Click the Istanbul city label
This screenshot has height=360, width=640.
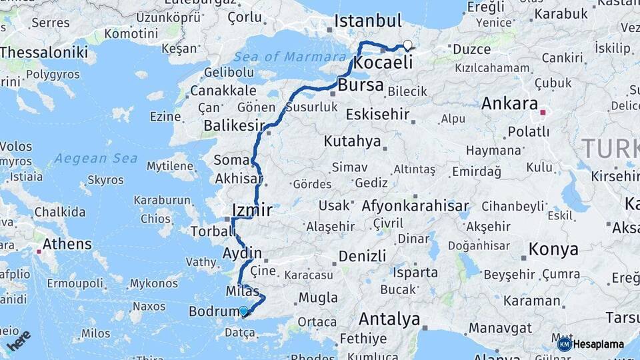368,21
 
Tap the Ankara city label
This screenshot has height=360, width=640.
509,104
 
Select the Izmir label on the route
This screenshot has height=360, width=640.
252,211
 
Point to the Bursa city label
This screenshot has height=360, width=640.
361,85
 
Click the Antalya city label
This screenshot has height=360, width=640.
389,318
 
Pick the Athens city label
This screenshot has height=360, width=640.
67,244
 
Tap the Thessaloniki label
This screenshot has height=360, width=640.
44,53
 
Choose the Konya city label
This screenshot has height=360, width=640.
553,249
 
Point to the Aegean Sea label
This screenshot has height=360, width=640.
96,159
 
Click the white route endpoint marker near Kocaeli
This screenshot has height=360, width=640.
407,45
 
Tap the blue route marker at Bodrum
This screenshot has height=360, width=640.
243,311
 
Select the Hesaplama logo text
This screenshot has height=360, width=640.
597,345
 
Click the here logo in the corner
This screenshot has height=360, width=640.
19,340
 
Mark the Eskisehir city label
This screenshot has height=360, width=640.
377,114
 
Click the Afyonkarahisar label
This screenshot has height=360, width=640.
415,207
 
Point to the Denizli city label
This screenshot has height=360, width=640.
362,256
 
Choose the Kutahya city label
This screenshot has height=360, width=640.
352,141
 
